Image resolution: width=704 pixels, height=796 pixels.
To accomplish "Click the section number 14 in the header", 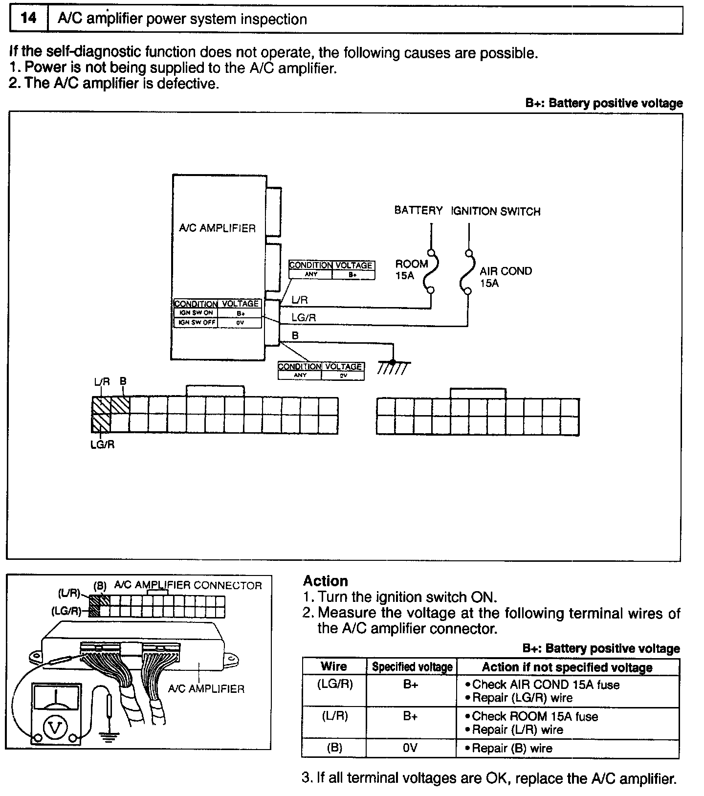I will click(28, 19).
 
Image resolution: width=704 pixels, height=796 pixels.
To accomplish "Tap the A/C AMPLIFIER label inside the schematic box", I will click(218, 228).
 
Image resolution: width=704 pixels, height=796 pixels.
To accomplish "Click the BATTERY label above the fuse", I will click(418, 211).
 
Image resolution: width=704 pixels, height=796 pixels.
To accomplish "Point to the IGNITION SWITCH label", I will click(495, 212).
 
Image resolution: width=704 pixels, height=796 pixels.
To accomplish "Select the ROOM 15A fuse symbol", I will click(432, 272).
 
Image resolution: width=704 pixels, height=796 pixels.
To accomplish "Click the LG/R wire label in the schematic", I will click(304, 318).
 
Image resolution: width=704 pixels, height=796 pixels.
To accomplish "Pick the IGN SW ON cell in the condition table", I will click(196, 313).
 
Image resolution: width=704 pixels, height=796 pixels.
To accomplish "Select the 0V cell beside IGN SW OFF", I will click(240, 323).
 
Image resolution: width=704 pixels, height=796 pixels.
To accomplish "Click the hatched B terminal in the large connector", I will click(120, 405).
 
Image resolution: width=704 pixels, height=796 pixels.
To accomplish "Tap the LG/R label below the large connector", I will click(103, 445).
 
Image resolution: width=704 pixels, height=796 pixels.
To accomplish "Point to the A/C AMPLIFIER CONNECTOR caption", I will click(188, 585).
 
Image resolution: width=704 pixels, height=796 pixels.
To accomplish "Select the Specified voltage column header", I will click(412, 667).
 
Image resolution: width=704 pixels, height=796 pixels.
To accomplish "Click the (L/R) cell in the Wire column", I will click(334, 716).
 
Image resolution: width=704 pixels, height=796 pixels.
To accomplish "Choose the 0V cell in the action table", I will click(411, 748).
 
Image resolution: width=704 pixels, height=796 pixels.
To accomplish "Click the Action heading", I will click(326, 581).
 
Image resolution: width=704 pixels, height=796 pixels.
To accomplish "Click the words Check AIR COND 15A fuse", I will click(546, 685).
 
